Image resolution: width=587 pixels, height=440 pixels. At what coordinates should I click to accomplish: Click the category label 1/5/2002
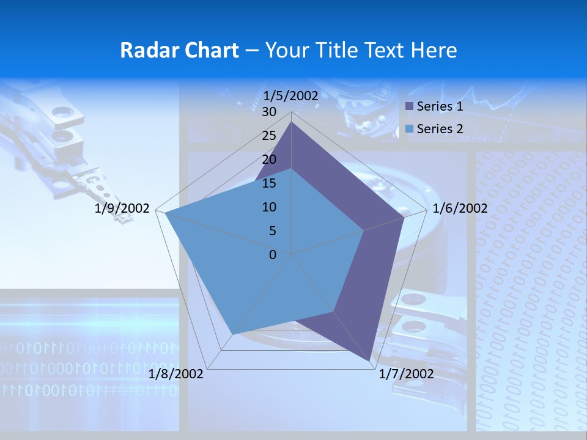(291, 95)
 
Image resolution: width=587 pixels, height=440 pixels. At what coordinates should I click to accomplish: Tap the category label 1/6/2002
(460, 208)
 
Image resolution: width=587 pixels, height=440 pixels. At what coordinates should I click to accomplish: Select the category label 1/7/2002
(406, 374)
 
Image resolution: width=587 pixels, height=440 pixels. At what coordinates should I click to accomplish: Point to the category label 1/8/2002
(176, 374)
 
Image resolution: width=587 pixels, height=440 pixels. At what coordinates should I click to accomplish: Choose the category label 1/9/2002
(122, 208)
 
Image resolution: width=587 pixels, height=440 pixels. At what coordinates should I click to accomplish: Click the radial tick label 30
(269, 112)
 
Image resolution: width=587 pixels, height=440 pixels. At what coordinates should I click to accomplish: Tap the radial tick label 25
(269, 136)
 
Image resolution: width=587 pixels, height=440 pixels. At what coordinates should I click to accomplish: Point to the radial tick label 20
(269, 159)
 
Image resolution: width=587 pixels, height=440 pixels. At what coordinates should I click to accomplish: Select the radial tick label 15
(269, 183)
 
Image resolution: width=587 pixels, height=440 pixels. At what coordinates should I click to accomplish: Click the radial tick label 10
(269, 207)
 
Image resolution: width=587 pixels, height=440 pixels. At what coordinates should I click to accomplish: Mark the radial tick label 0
(273, 255)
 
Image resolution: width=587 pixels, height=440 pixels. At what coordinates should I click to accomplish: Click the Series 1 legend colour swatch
(410, 106)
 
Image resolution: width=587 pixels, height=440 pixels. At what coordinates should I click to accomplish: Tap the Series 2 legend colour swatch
(410, 129)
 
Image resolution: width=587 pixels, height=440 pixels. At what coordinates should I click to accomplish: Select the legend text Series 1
(440, 106)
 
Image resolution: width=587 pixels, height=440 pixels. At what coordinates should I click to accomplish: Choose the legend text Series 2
(440, 129)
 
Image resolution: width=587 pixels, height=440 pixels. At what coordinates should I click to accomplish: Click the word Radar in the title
(144, 50)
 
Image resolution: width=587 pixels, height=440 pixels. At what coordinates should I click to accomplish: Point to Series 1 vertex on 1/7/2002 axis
(370, 362)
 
